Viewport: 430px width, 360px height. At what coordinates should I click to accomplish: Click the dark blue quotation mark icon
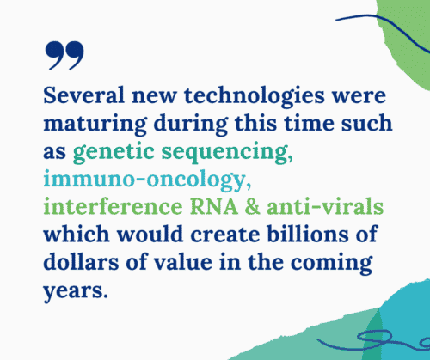click(64, 54)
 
